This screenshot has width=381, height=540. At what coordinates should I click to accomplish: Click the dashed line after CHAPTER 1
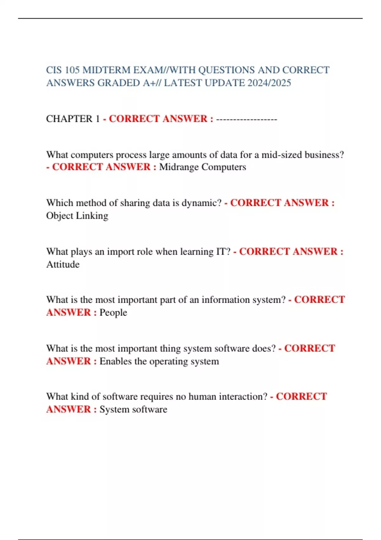point(246,119)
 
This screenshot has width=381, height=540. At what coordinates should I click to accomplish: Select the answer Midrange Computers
point(203,167)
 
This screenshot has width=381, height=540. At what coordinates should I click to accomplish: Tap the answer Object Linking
point(77,216)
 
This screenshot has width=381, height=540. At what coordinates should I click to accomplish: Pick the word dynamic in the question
point(201,203)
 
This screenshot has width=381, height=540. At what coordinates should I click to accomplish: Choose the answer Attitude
point(63,264)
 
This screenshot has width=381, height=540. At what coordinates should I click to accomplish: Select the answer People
point(113,313)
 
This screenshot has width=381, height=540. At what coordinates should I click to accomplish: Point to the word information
point(225,300)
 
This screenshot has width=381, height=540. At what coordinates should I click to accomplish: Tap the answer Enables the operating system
point(159,361)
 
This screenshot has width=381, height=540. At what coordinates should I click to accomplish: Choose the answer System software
point(133,409)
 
